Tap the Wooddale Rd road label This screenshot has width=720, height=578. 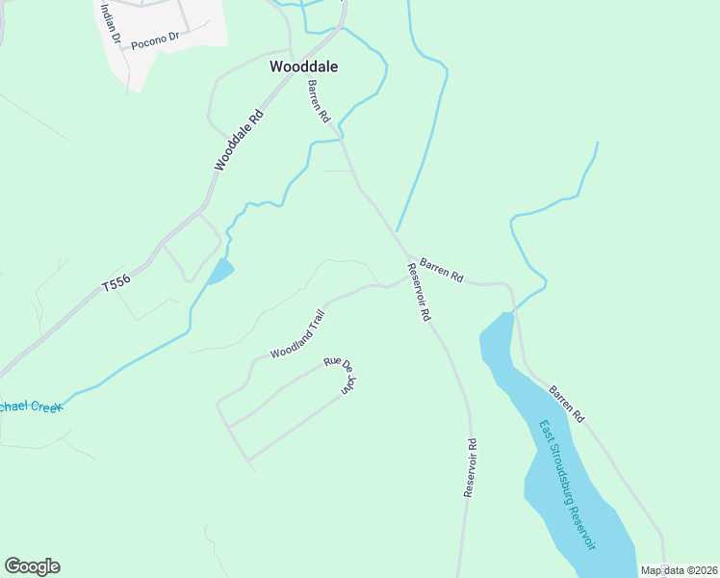click(x=239, y=141)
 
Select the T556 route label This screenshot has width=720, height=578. click(x=115, y=281)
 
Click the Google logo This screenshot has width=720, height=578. click(x=32, y=566)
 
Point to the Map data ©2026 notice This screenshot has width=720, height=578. click(x=679, y=570)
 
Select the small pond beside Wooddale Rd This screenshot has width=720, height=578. click(x=220, y=273)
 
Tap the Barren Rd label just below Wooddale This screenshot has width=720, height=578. click(x=319, y=101)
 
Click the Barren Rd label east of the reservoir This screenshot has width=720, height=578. click(x=567, y=405)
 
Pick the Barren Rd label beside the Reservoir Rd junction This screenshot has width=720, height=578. click(x=442, y=269)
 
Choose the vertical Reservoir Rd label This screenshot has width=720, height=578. click(x=471, y=468)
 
